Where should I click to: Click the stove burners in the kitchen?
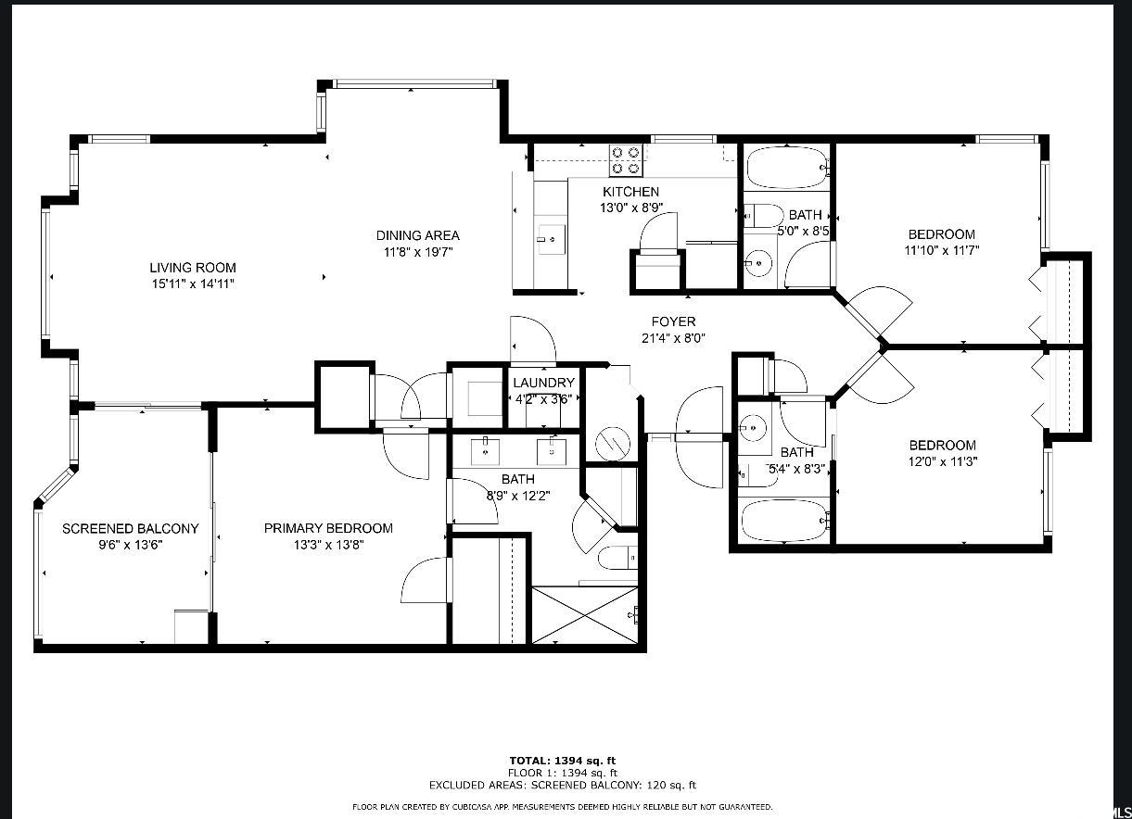pyautogui.click(x=626, y=160)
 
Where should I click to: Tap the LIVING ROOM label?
pyautogui.click(x=193, y=268)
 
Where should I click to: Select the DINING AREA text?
pyautogui.click(x=417, y=235)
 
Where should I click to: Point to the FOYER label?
pyautogui.click(x=673, y=321)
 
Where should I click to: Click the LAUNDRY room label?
pyautogui.click(x=544, y=383)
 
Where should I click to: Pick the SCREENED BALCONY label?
pyautogui.click(x=130, y=529)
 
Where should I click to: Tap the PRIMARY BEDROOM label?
pyautogui.click(x=328, y=528)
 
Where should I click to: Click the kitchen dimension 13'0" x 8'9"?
pyautogui.click(x=631, y=208)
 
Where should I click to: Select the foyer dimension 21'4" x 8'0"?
pyautogui.click(x=673, y=338)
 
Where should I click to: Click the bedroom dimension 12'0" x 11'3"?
pyautogui.click(x=943, y=461)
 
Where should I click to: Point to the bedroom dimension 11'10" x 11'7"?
pyautogui.click(x=942, y=250)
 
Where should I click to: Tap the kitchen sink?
pyautogui.click(x=551, y=240)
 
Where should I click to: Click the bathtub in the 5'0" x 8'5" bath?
pyautogui.click(x=787, y=167)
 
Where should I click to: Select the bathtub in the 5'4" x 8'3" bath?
pyautogui.click(x=784, y=521)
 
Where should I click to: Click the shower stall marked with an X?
pyautogui.click(x=585, y=614)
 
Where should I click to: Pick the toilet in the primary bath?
pyautogui.click(x=617, y=558)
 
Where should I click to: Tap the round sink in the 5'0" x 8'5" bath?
pyautogui.click(x=758, y=262)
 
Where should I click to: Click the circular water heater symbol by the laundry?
pyautogui.click(x=613, y=444)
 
